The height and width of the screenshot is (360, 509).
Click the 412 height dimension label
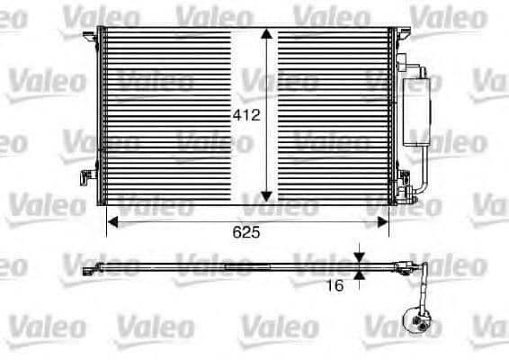pyautogui.click(x=246, y=115)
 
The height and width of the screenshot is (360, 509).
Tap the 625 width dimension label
pyautogui.click(x=246, y=232)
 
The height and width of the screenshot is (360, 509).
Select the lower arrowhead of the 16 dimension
pyautogui.click(x=359, y=274)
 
